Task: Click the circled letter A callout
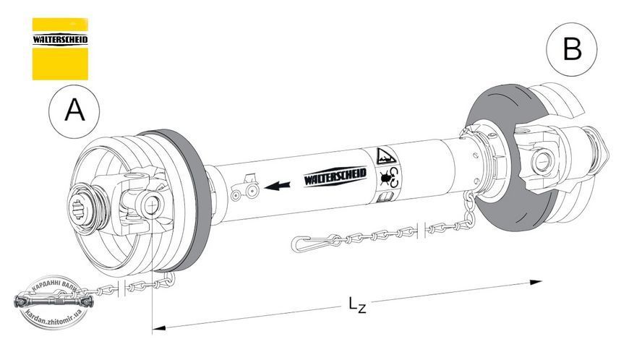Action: (74, 111)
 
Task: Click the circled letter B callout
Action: (572, 49)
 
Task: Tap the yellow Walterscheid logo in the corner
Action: (60, 49)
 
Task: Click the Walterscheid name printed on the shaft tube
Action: (335, 176)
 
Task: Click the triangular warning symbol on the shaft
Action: (386, 156)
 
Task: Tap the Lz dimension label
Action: (357, 304)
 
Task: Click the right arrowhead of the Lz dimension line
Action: (536, 283)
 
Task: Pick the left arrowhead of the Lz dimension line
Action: (159, 328)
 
